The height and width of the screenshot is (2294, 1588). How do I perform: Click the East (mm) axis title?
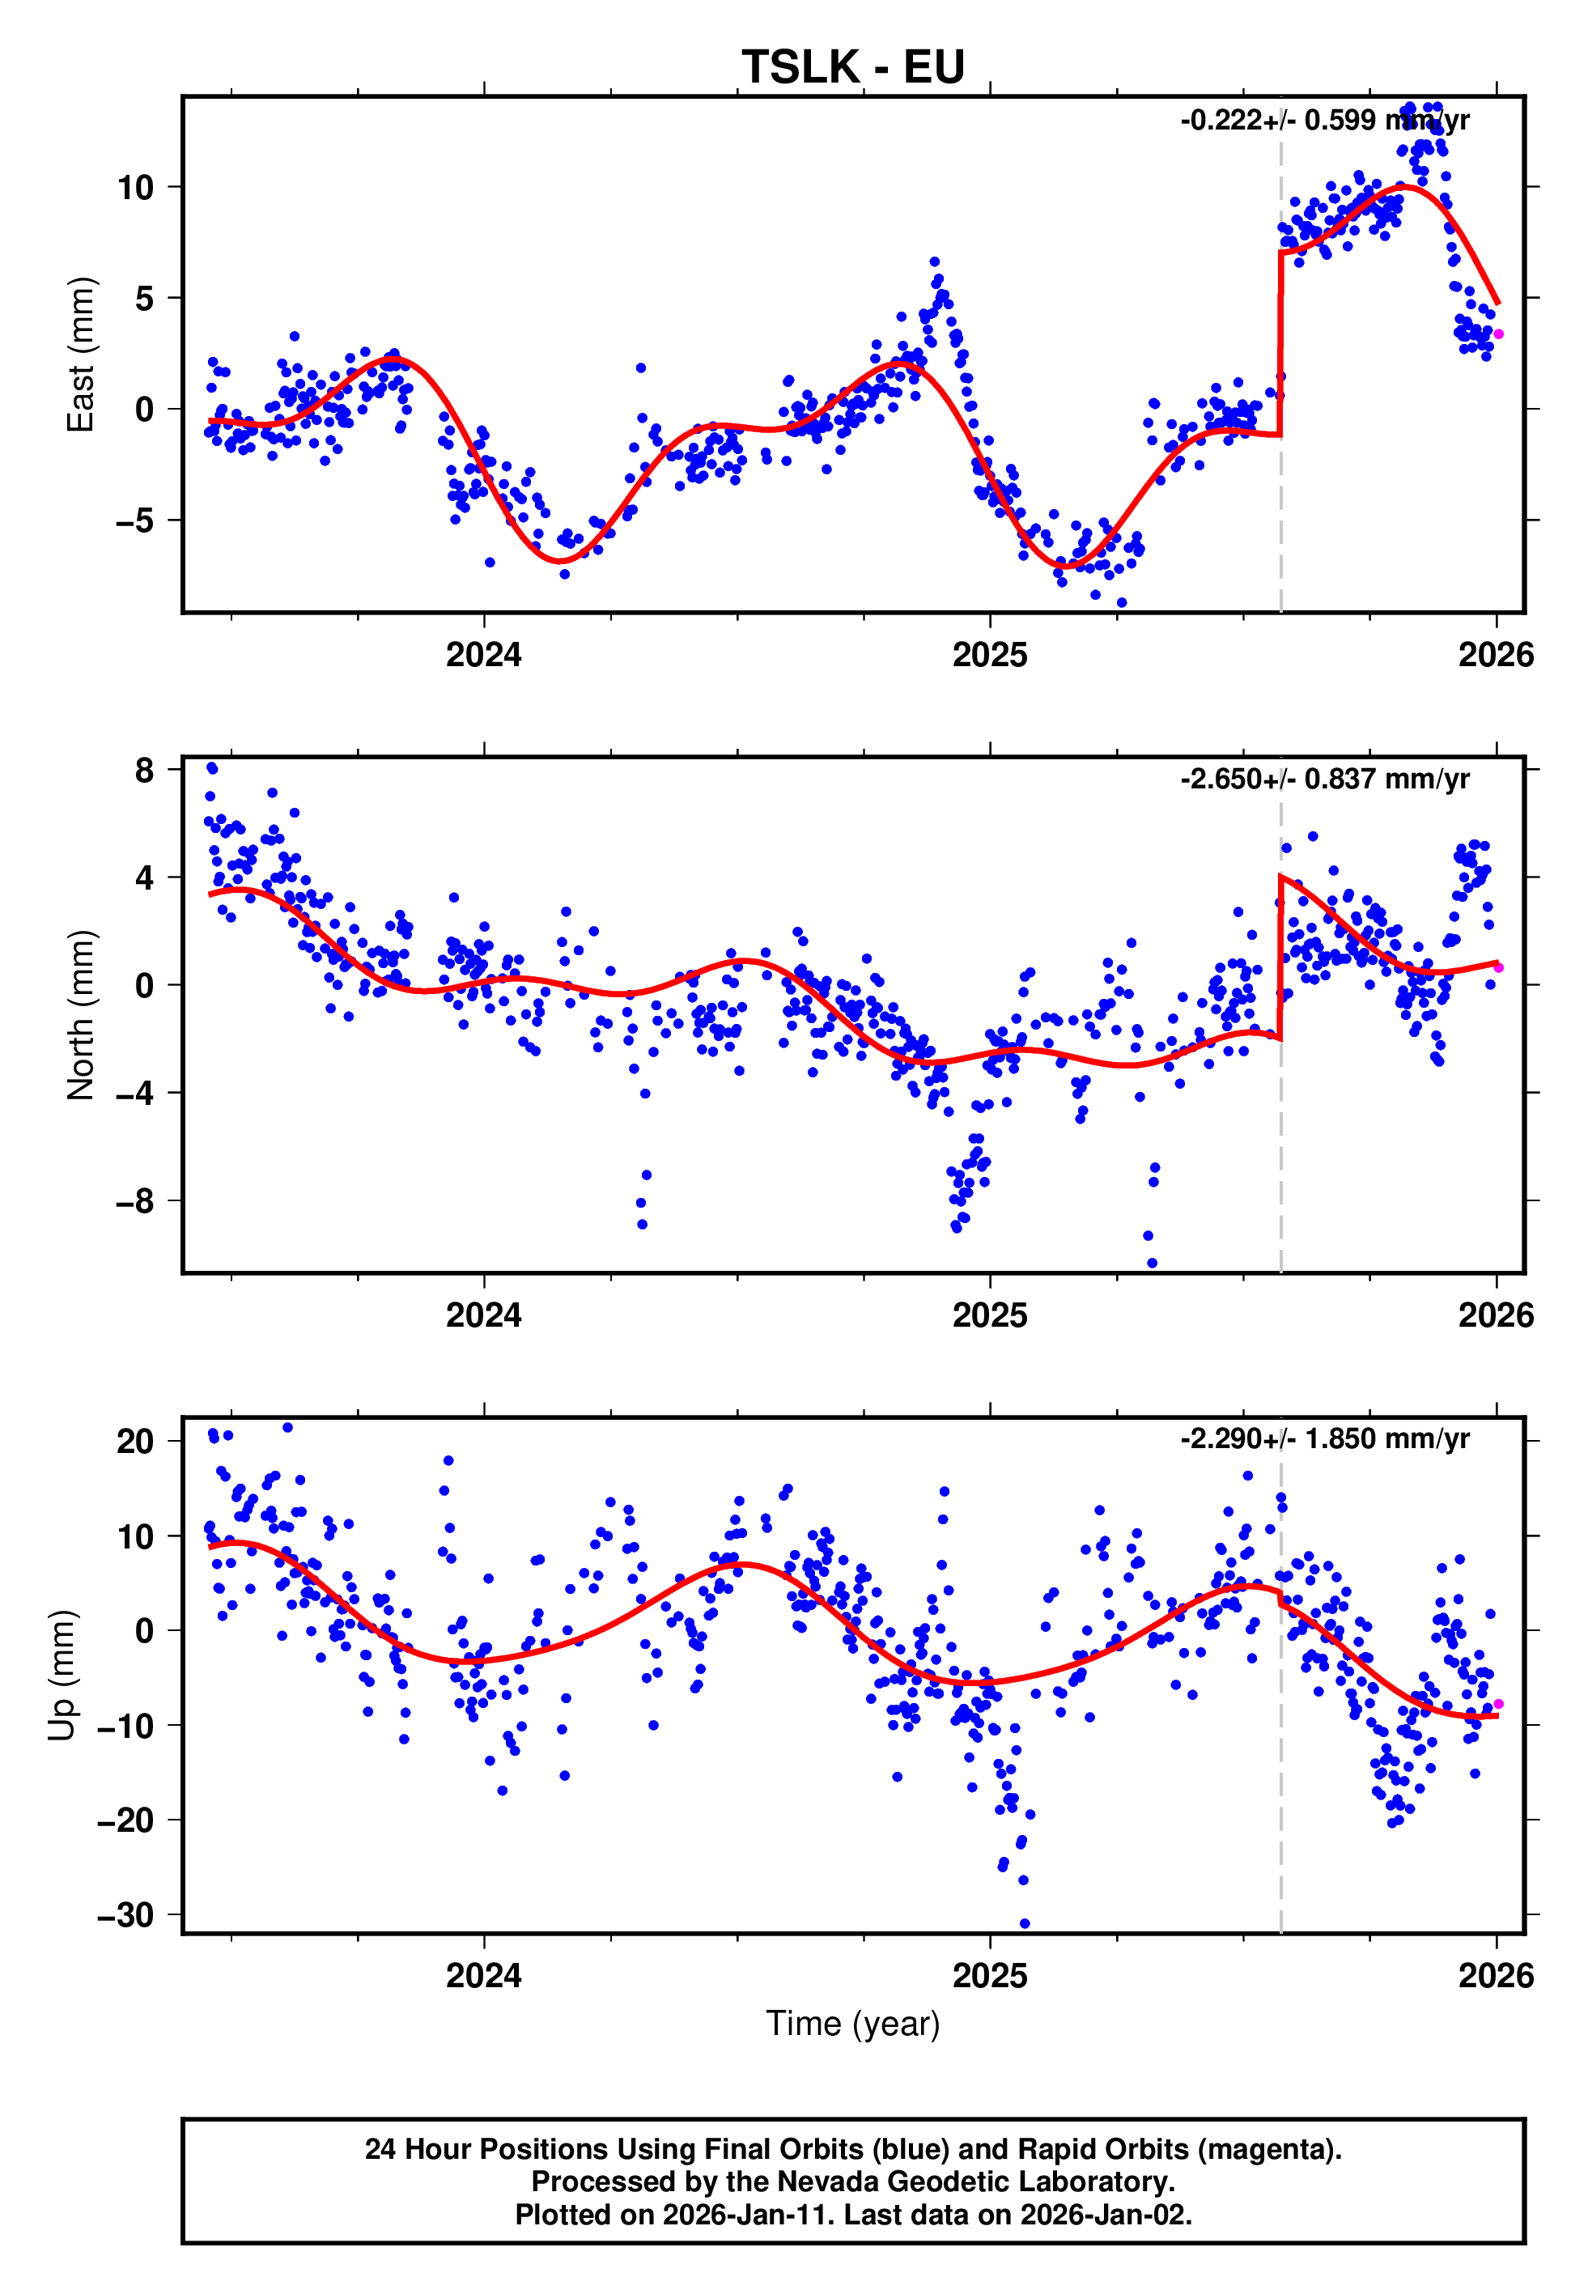click(x=81, y=355)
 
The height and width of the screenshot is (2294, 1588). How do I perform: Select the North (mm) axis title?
click(x=81, y=1015)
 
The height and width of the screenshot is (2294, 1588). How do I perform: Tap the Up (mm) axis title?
click(x=62, y=1674)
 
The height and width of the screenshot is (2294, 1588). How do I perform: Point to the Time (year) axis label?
click(x=853, y=2024)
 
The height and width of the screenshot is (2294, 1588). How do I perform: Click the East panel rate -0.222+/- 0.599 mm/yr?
click(x=1324, y=121)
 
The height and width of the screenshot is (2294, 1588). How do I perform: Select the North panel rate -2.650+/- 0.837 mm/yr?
click(x=1324, y=779)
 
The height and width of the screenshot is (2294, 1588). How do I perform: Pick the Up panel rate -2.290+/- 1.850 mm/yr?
click(x=1324, y=1438)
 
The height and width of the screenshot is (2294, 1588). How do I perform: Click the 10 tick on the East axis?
click(x=135, y=187)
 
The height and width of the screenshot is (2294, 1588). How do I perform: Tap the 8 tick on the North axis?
click(x=145, y=770)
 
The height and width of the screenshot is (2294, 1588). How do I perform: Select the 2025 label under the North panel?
click(x=989, y=1315)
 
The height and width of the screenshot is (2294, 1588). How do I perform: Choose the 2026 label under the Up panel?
click(x=1496, y=1976)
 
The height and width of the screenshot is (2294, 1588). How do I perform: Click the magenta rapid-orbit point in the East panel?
click(x=1498, y=334)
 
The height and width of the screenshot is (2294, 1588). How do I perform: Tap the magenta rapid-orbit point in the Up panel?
click(x=1498, y=1704)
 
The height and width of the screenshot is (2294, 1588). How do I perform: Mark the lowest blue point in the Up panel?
click(x=1025, y=1924)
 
